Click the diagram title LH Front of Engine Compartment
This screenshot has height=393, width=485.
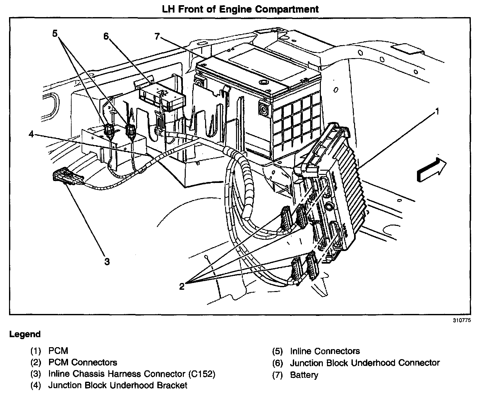pos(240,9)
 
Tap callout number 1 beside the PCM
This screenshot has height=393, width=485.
pos(437,112)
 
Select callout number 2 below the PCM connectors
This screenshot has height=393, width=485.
pos(182,286)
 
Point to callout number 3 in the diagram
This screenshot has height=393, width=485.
pos(107,261)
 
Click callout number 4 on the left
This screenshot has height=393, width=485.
pos(31,134)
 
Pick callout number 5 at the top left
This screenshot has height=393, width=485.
pos(55,33)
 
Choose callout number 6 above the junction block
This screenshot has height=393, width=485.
pos(106,36)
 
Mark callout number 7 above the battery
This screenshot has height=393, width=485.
pos(157,36)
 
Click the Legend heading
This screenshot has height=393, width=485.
pos(25,334)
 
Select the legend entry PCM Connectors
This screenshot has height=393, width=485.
pos(83,362)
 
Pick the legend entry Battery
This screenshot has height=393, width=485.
pos(304,375)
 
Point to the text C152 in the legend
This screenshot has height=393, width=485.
pos(201,374)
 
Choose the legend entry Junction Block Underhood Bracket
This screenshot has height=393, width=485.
pos(118,385)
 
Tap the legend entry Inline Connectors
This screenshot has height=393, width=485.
pos(325,351)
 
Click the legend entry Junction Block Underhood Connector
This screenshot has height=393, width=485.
pos(365,363)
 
